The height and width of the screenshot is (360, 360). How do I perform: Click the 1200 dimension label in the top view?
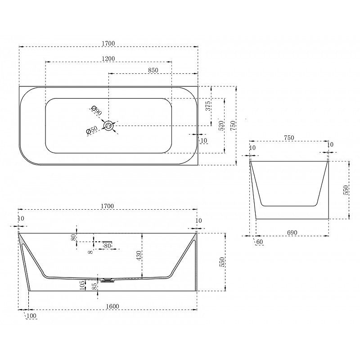pos(108,58)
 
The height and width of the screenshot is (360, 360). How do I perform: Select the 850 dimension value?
pos(153,70)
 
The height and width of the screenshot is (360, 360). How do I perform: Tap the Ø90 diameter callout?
pos(96,110)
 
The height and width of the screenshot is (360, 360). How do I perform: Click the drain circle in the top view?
pos(109,126)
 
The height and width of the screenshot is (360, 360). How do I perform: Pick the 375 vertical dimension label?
pos(208,106)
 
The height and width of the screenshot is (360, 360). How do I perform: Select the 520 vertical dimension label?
pos(221,126)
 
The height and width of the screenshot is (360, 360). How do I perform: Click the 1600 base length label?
pos(112,306)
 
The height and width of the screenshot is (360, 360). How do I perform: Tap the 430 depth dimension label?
pos(139,256)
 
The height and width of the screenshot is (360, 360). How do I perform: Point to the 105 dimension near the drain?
pos(82,285)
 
